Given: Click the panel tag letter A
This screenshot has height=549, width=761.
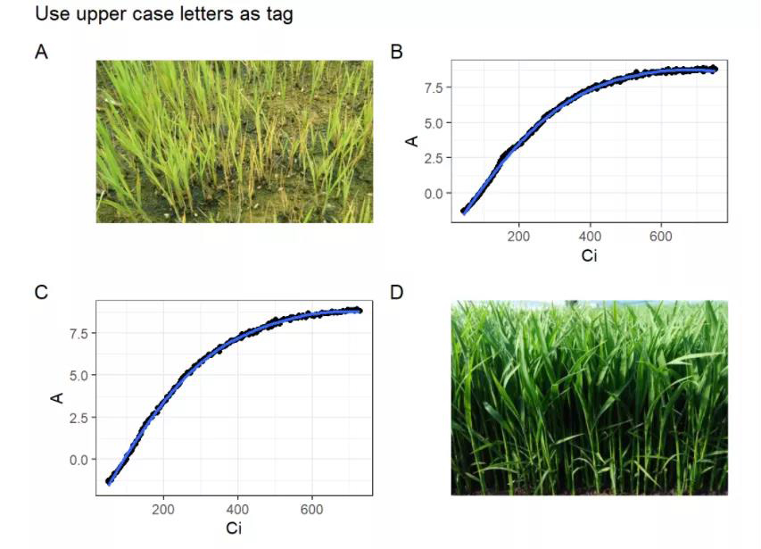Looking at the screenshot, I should click(x=41, y=52).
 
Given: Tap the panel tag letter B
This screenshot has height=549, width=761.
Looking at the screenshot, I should click(x=398, y=52).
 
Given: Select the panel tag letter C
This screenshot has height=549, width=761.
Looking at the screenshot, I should click(x=41, y=291).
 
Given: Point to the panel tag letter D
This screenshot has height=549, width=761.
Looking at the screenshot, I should click(x=398, y=291).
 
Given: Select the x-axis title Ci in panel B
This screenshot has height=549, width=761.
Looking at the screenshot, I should click(x=590, y=257).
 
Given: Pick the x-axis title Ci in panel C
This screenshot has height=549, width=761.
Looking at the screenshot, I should click(x=234, y=528).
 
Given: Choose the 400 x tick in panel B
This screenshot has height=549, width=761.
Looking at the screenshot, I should click(x=590, y=237).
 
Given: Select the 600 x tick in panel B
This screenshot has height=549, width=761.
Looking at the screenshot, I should click(x=661, y=237).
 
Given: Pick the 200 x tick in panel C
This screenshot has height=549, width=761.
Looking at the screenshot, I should click(x=163, y=510).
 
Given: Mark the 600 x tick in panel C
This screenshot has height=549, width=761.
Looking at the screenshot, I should click(x=312, y=510).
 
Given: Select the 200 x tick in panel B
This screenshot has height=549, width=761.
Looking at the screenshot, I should click(x=518, y=237).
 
